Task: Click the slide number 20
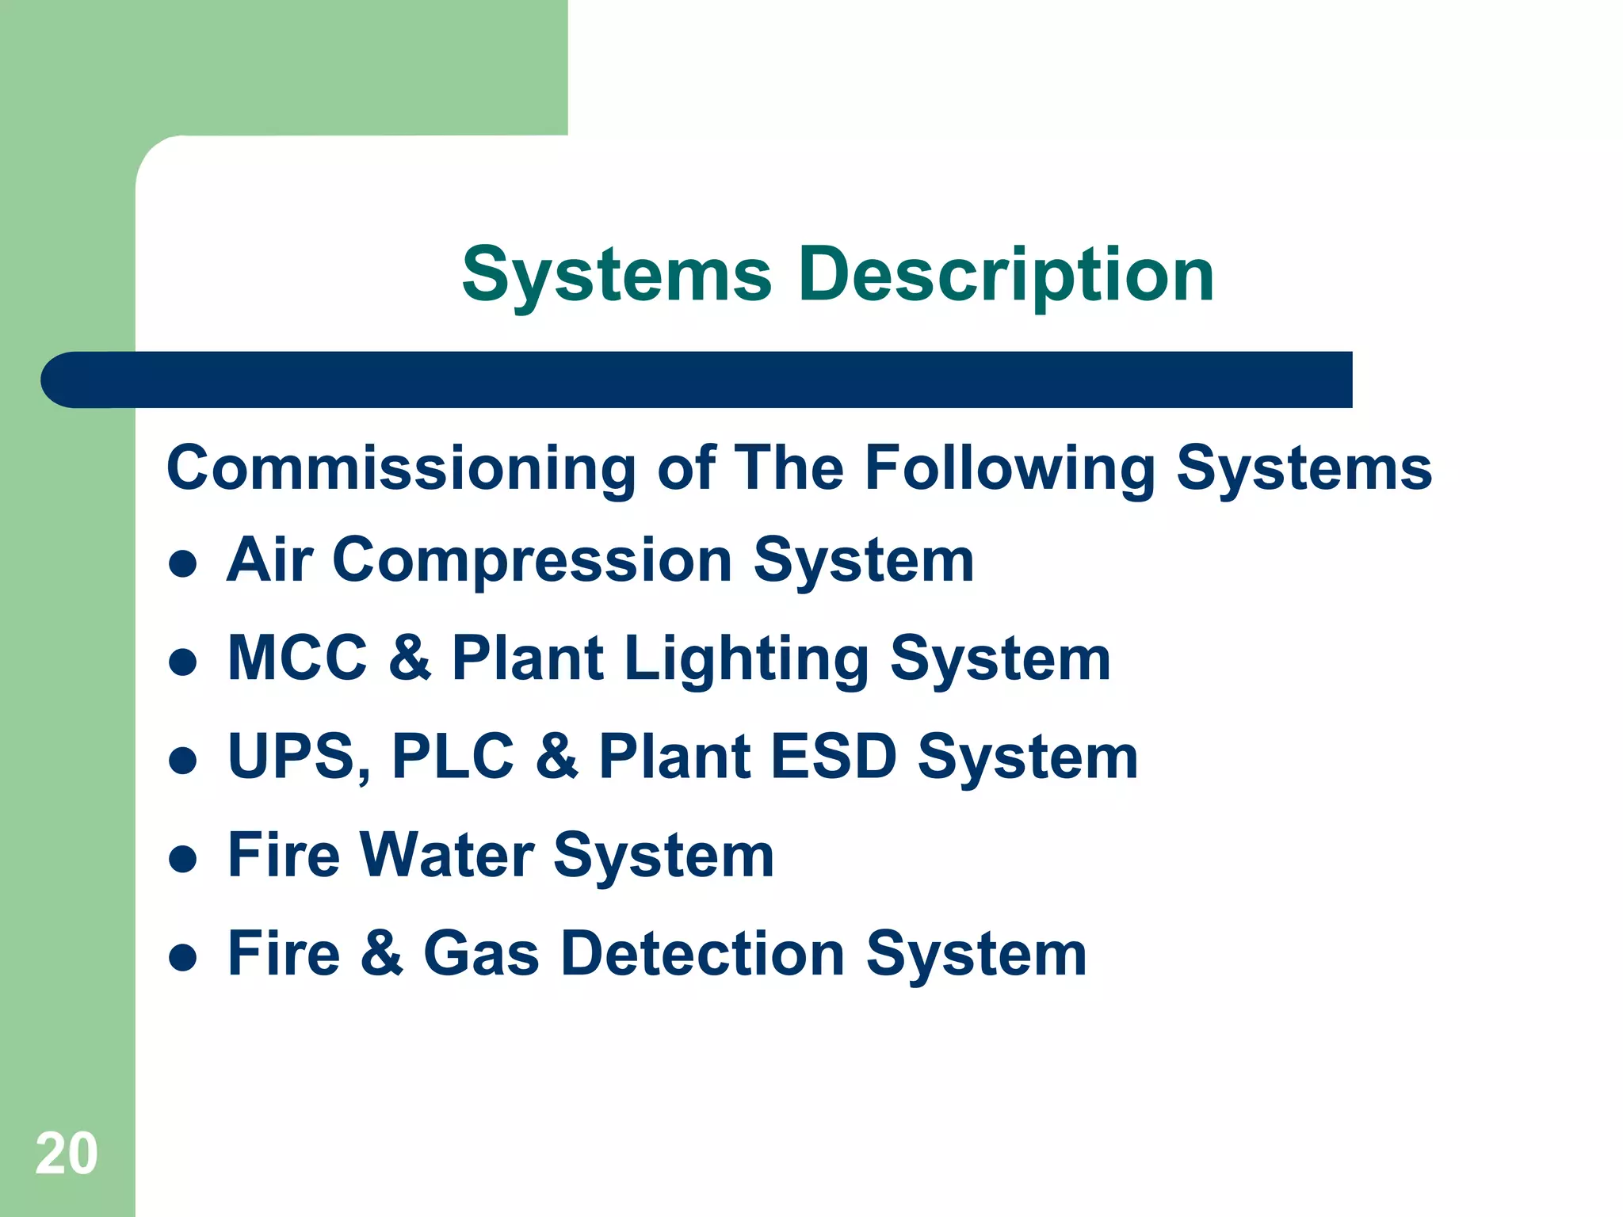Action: [x=67, y=1154]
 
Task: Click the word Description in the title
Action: [x=1006, y=276]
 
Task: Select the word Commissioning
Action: [x=401, y=469]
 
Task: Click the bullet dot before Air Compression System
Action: [x=183, y=564]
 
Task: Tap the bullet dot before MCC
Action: [x=183, y=662]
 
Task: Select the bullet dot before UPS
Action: [x=183, y=761]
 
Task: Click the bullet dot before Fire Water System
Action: [x=183, y=859]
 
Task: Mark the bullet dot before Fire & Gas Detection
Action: [x=183, y=957]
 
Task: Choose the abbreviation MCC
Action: [x=297, y=658]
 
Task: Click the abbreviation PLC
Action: [x=453, y=757]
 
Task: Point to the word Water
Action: [x=447, y=855]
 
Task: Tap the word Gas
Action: [x=481, y=953]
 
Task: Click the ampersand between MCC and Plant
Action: [x=410, y=658]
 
